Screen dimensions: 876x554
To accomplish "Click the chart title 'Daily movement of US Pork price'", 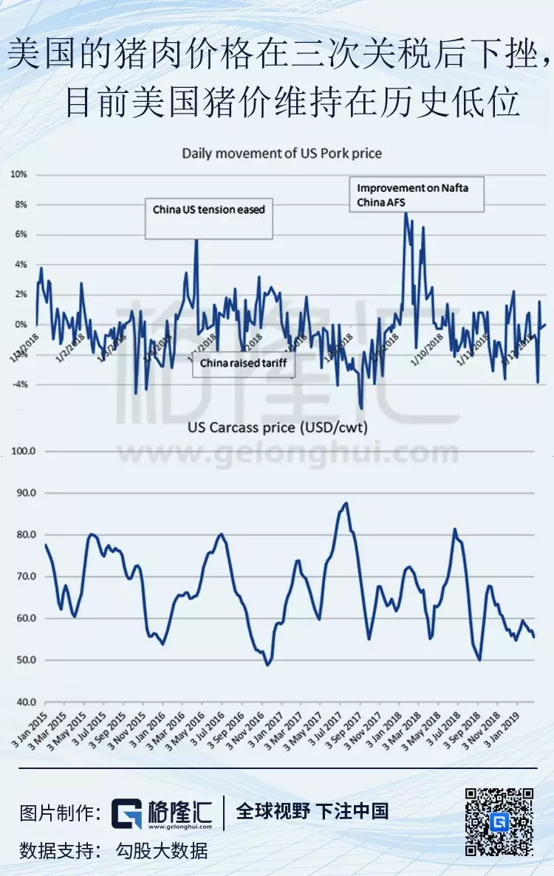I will click(x=281, y=154).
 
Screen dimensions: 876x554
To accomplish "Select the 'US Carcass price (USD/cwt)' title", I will click(x=277, y=427).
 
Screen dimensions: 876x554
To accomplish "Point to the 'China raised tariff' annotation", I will click(x=243, y=363).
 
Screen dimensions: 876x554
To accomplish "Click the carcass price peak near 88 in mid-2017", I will click(x=346, y=503).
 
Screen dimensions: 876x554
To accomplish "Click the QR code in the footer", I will click(x=499, y=822).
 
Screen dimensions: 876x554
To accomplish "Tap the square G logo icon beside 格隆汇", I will click(x=126, y=813).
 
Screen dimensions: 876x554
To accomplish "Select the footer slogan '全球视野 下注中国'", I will click(x=312, y=812).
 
